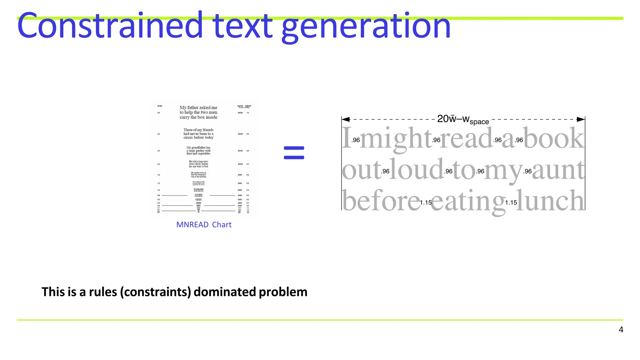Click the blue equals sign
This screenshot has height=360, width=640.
pyautogui.click(x=294, y=153)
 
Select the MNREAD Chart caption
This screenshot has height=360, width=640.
pyautogui.click(x=204, y=225)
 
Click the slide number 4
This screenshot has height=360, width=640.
pyautogui.click(x=621, y=330)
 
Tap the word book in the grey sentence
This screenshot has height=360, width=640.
pyautogui.click(x=554, y=138)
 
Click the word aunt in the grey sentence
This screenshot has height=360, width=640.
pyautogui.click(x=558, y=170)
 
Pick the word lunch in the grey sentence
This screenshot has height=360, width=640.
pyautogui.click(x=550, y=201)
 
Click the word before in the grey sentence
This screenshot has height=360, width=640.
pyautogui.click(x=381, y=201)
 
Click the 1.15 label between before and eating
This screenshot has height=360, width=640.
pyautogui.click(x=426, y=202)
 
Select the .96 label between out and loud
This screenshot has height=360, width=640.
pyautogui.click(x=385, y=171)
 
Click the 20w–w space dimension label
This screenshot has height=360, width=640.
pyautogui.click(x=463, y=119)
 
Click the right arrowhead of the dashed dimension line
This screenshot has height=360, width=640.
pyautogui.click(x=581, y=119)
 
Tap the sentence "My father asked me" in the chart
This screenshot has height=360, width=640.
pyautogui.click(x=198, y=107)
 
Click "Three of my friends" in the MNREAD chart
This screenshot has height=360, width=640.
pyautogui.click(x=198, y=130)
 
